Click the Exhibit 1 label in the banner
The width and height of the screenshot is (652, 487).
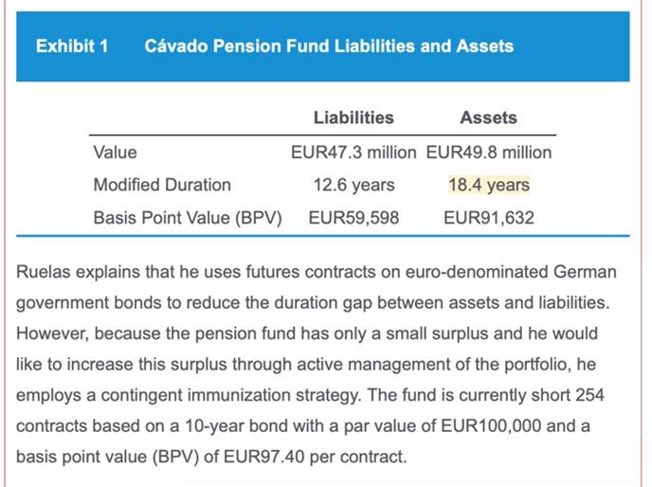click(71, 45)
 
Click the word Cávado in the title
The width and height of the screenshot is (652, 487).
click(178, 45)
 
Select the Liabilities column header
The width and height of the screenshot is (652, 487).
click(353, 117)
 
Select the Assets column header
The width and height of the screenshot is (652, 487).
click(488, 117)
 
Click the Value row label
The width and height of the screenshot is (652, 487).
click(115, 152)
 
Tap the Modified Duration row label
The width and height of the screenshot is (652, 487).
click(161, 185)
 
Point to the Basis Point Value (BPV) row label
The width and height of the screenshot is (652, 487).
click(188, 218)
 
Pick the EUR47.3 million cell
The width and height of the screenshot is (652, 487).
click(353, 152)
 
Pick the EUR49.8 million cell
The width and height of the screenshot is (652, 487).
click(489, 152)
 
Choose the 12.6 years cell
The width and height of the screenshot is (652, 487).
click(353, 185)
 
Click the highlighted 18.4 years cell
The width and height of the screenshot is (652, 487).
click(489, 185)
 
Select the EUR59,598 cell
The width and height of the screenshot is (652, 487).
click(353, 218)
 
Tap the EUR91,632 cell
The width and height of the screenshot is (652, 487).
click(489, 218)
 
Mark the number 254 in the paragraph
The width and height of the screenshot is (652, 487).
click(589, 394)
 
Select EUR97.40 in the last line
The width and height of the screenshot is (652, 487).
click(254, 457)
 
